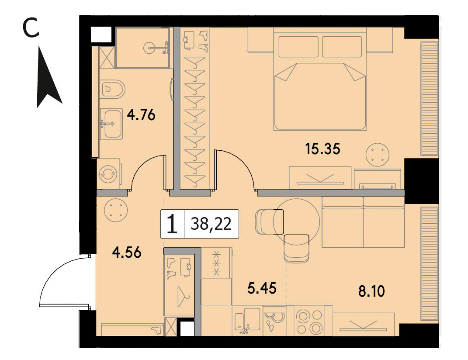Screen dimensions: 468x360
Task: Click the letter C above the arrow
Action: (31, 28)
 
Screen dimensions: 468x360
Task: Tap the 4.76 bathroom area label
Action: (141, 114)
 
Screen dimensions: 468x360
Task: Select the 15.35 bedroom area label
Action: (322, 149)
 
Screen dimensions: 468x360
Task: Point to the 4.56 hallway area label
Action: (127, 253)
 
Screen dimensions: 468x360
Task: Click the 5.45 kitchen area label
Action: (262, 288)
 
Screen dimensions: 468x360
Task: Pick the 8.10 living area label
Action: (371, 291)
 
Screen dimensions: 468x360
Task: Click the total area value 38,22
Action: (211, 224)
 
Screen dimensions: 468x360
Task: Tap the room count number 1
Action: (172, 225)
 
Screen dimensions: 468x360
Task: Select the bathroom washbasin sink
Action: (111, 123)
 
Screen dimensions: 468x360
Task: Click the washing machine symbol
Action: (108, 174)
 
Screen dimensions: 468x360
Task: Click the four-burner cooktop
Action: (309, 322)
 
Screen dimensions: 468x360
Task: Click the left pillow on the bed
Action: (298, 46)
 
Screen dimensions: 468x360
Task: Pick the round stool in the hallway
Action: (116, 210)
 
